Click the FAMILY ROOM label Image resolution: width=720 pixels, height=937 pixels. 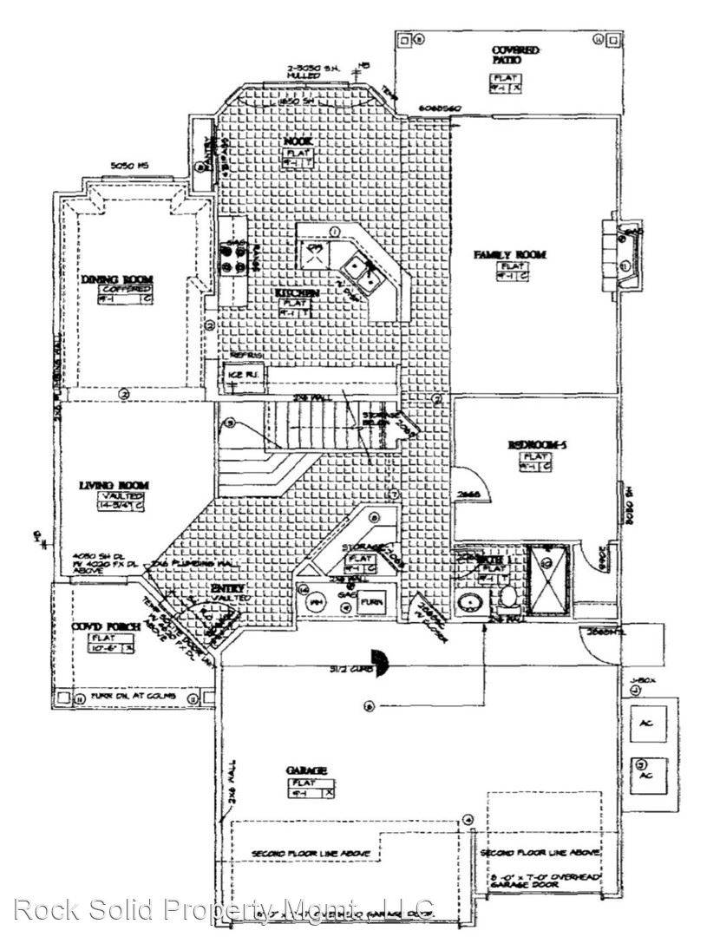point(509,254)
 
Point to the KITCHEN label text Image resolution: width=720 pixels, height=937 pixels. point(298,294)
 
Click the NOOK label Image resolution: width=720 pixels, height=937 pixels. point(298,141)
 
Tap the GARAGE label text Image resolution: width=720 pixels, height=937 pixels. point(306,770)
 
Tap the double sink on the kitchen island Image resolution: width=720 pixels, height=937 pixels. point(359,271)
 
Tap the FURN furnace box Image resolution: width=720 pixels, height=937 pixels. point(371,600)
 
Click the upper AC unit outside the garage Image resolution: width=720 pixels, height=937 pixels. point(646,724)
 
